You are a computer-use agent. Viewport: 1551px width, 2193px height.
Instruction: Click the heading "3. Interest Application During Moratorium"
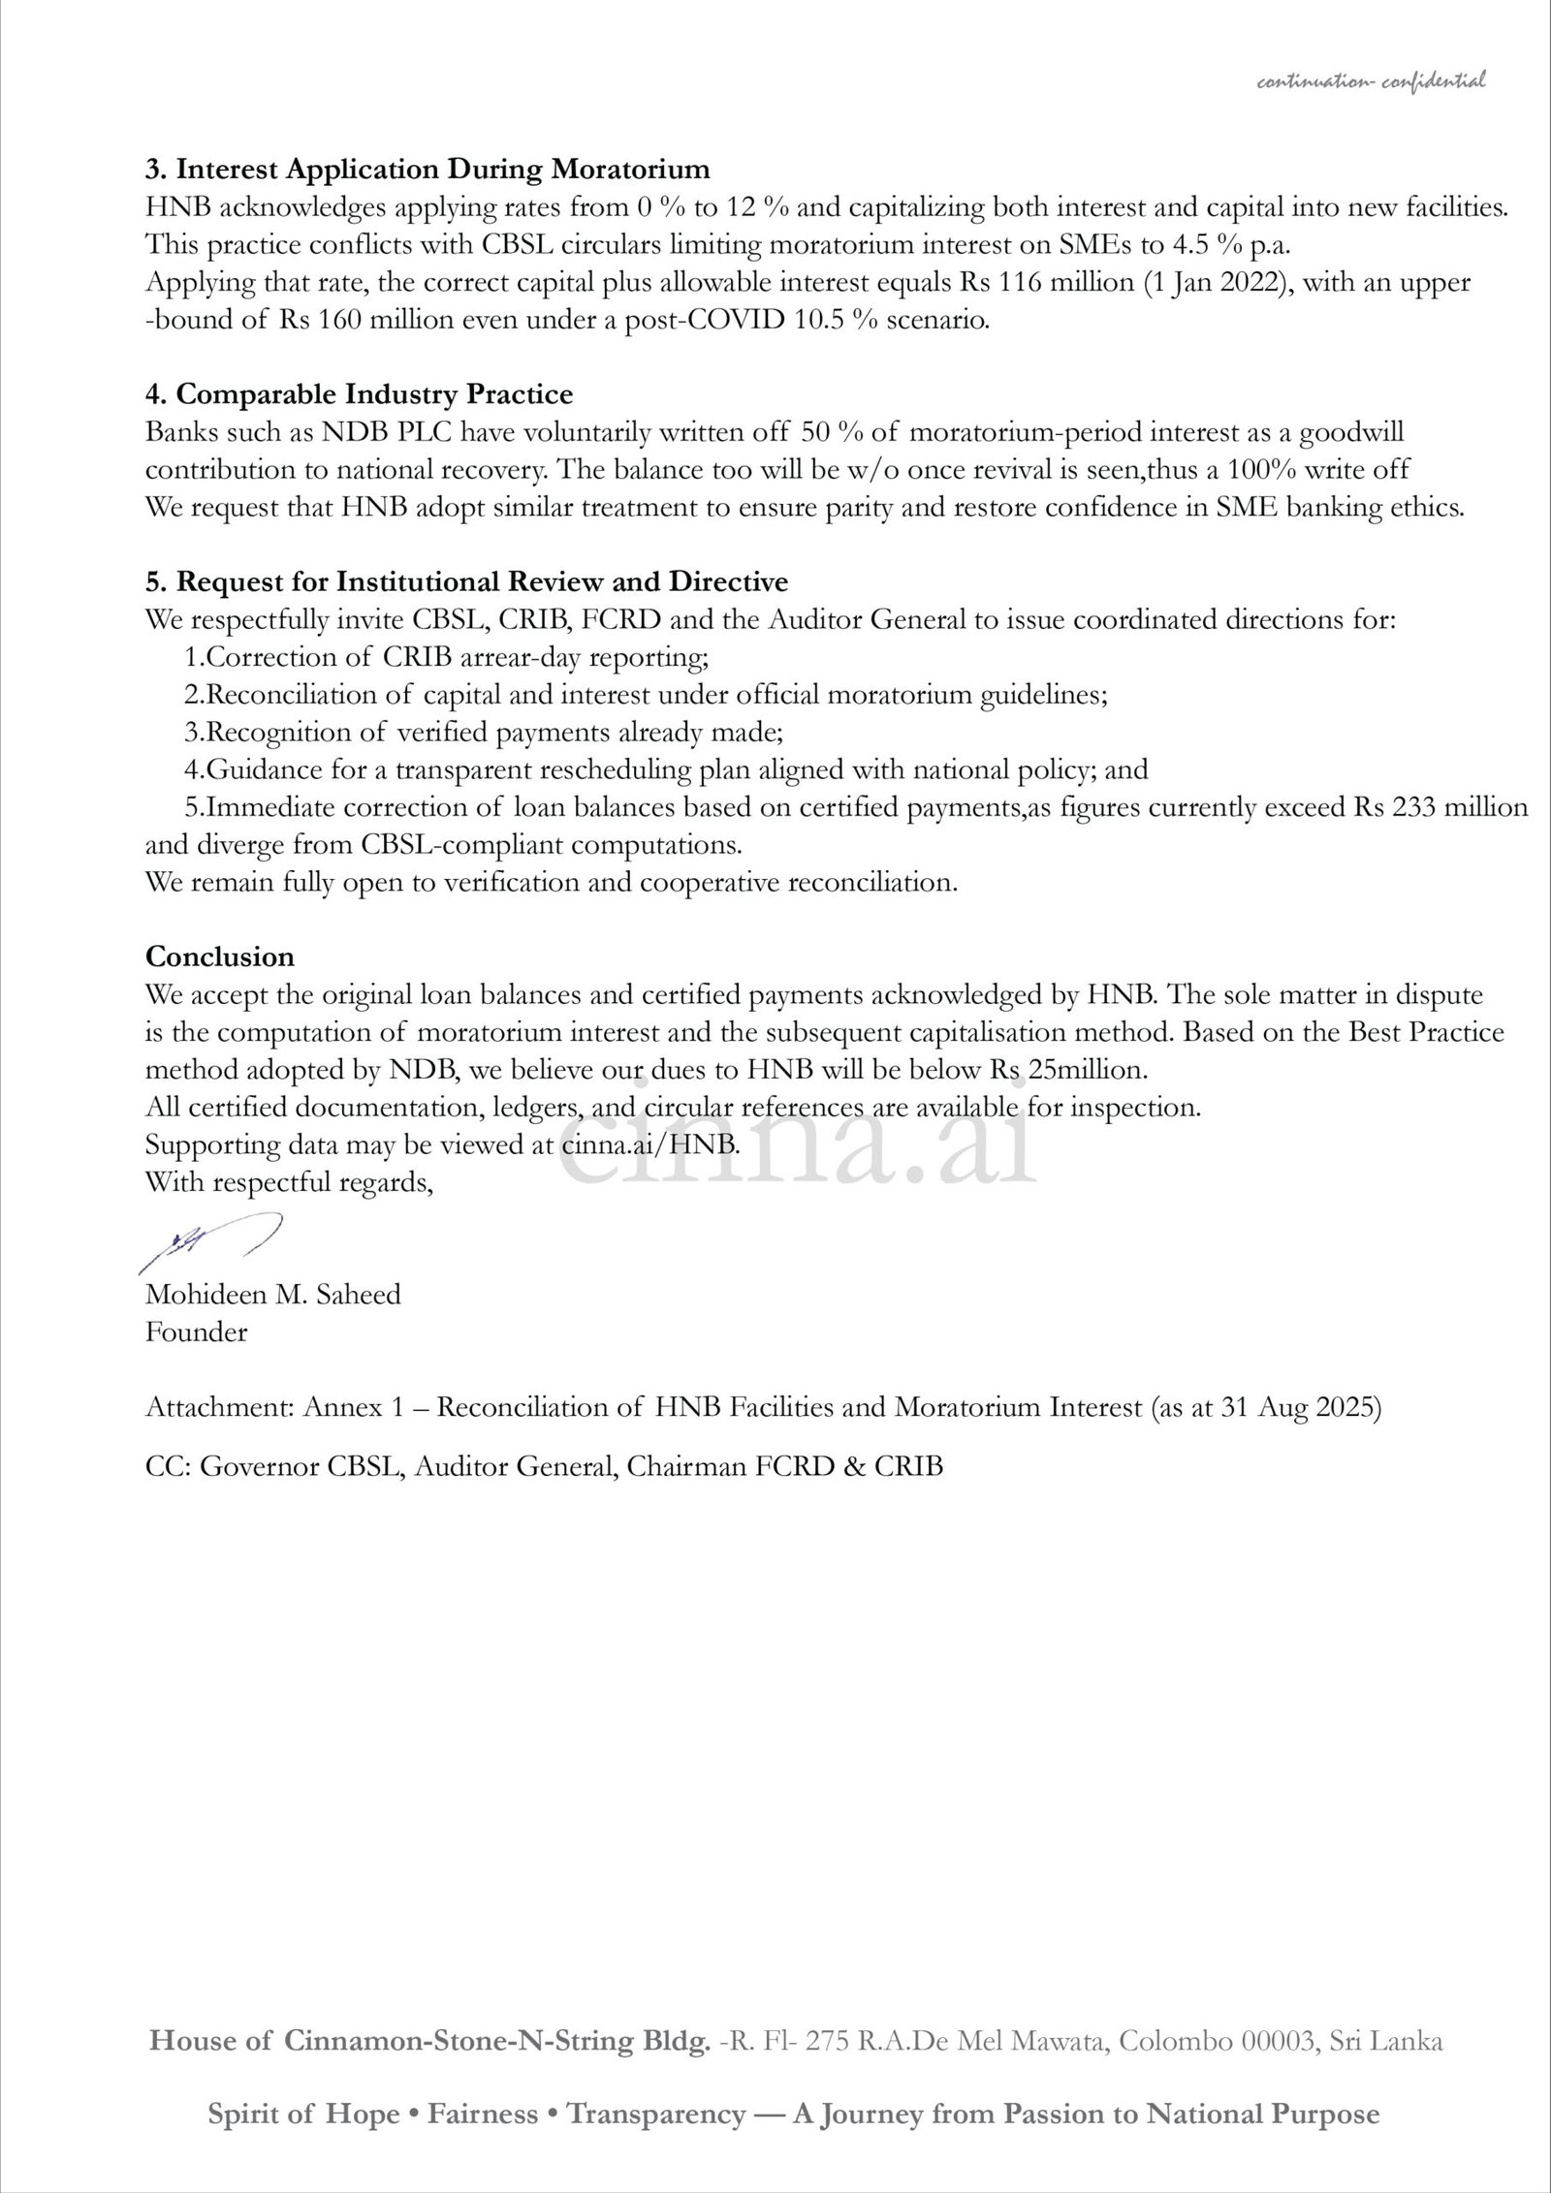coord(427,170)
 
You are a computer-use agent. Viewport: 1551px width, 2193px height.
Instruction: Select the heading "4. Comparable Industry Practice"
coord(359,394)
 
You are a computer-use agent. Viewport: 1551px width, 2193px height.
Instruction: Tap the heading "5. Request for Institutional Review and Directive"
coord(466,581)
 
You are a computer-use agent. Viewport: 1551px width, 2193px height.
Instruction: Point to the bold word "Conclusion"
coord(220,956)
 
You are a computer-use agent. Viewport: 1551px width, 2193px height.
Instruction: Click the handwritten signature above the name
coord(210,1241)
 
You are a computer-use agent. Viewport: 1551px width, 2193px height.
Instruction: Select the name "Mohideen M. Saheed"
coord(272,1295)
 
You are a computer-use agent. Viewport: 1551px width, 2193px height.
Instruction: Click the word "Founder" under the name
coord(196,1332)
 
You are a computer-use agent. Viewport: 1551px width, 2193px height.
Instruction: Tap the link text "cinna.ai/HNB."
coord(650,1144)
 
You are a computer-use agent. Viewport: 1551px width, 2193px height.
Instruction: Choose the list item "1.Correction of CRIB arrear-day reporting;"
coord(447,657)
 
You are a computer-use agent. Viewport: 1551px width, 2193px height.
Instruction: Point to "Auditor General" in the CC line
coord(514,1466)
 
